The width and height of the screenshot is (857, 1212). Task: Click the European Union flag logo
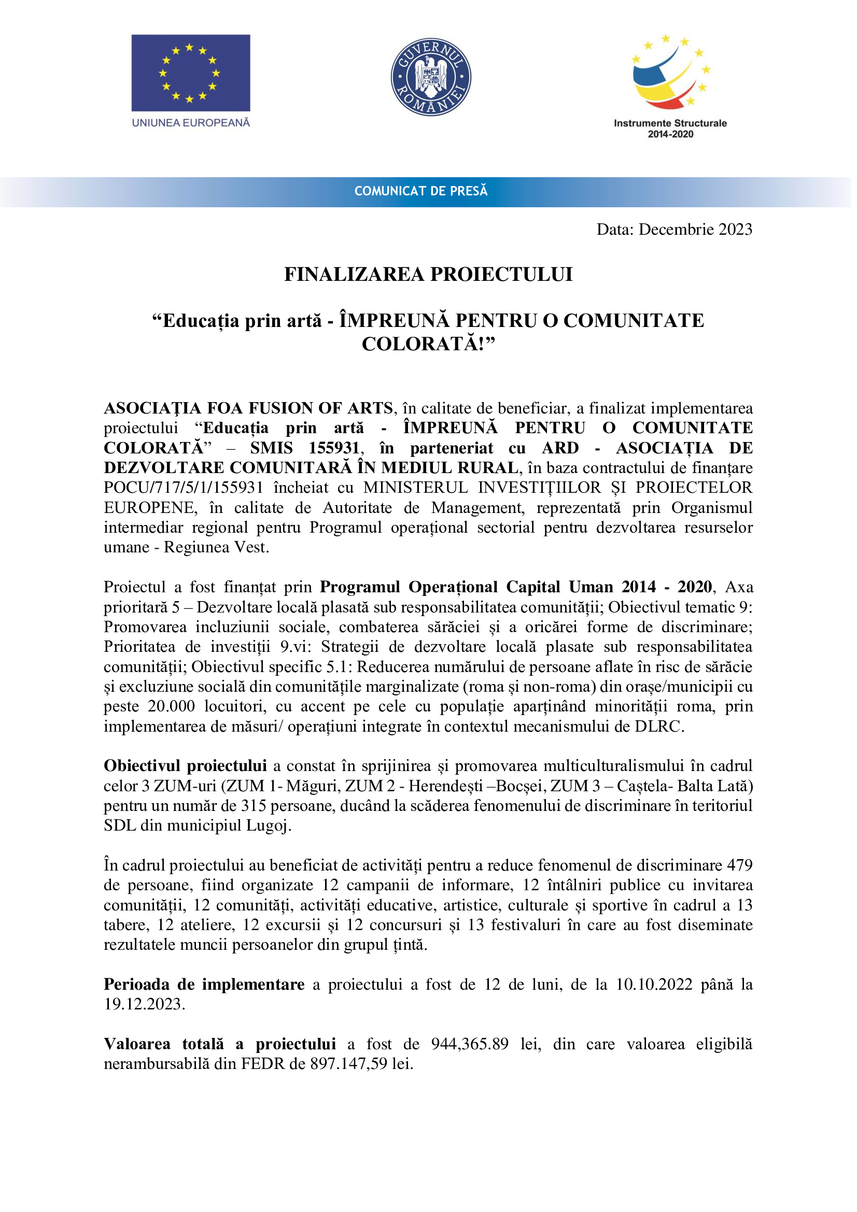[191, 73]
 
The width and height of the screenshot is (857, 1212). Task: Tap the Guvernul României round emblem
[430, 77]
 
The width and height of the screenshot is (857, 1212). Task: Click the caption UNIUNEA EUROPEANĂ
[191, 123]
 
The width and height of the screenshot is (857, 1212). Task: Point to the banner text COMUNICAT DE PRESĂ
[421, 191]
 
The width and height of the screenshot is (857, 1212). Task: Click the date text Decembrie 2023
[695, 229]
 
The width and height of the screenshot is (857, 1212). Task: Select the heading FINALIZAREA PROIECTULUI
[428, 275]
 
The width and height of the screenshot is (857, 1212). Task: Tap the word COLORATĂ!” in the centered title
[428, 344]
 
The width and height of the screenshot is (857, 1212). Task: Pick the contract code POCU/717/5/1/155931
[183, 488]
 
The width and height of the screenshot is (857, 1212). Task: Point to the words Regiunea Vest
[216, 547]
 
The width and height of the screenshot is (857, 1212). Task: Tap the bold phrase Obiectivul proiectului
[185, 766]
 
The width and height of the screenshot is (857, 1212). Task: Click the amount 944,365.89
[469, 1044]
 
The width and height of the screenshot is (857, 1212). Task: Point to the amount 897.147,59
[348, 1064]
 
